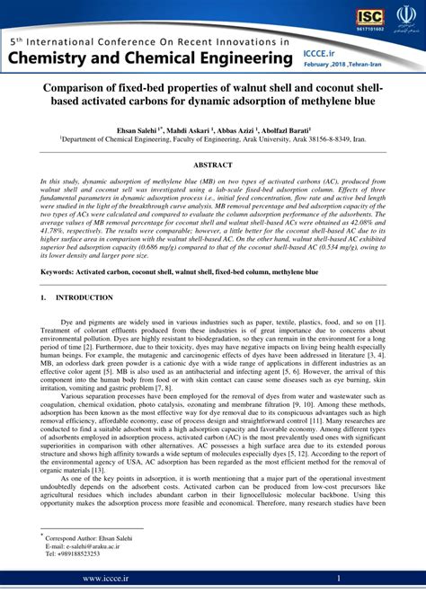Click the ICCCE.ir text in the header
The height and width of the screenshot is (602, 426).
pyautogui.click(x=331, y=53)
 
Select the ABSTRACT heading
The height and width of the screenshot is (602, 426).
pyautogui.click(x=213, y=165)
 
